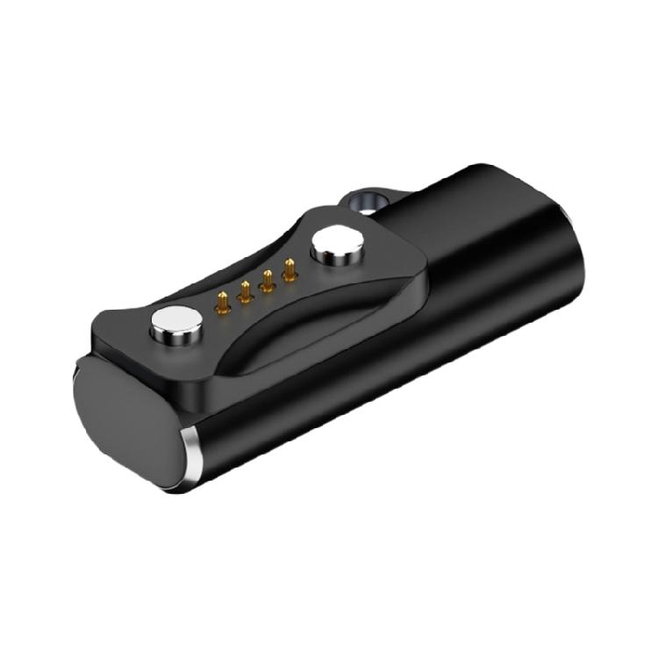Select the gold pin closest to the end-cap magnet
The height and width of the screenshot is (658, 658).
[224, 303]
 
